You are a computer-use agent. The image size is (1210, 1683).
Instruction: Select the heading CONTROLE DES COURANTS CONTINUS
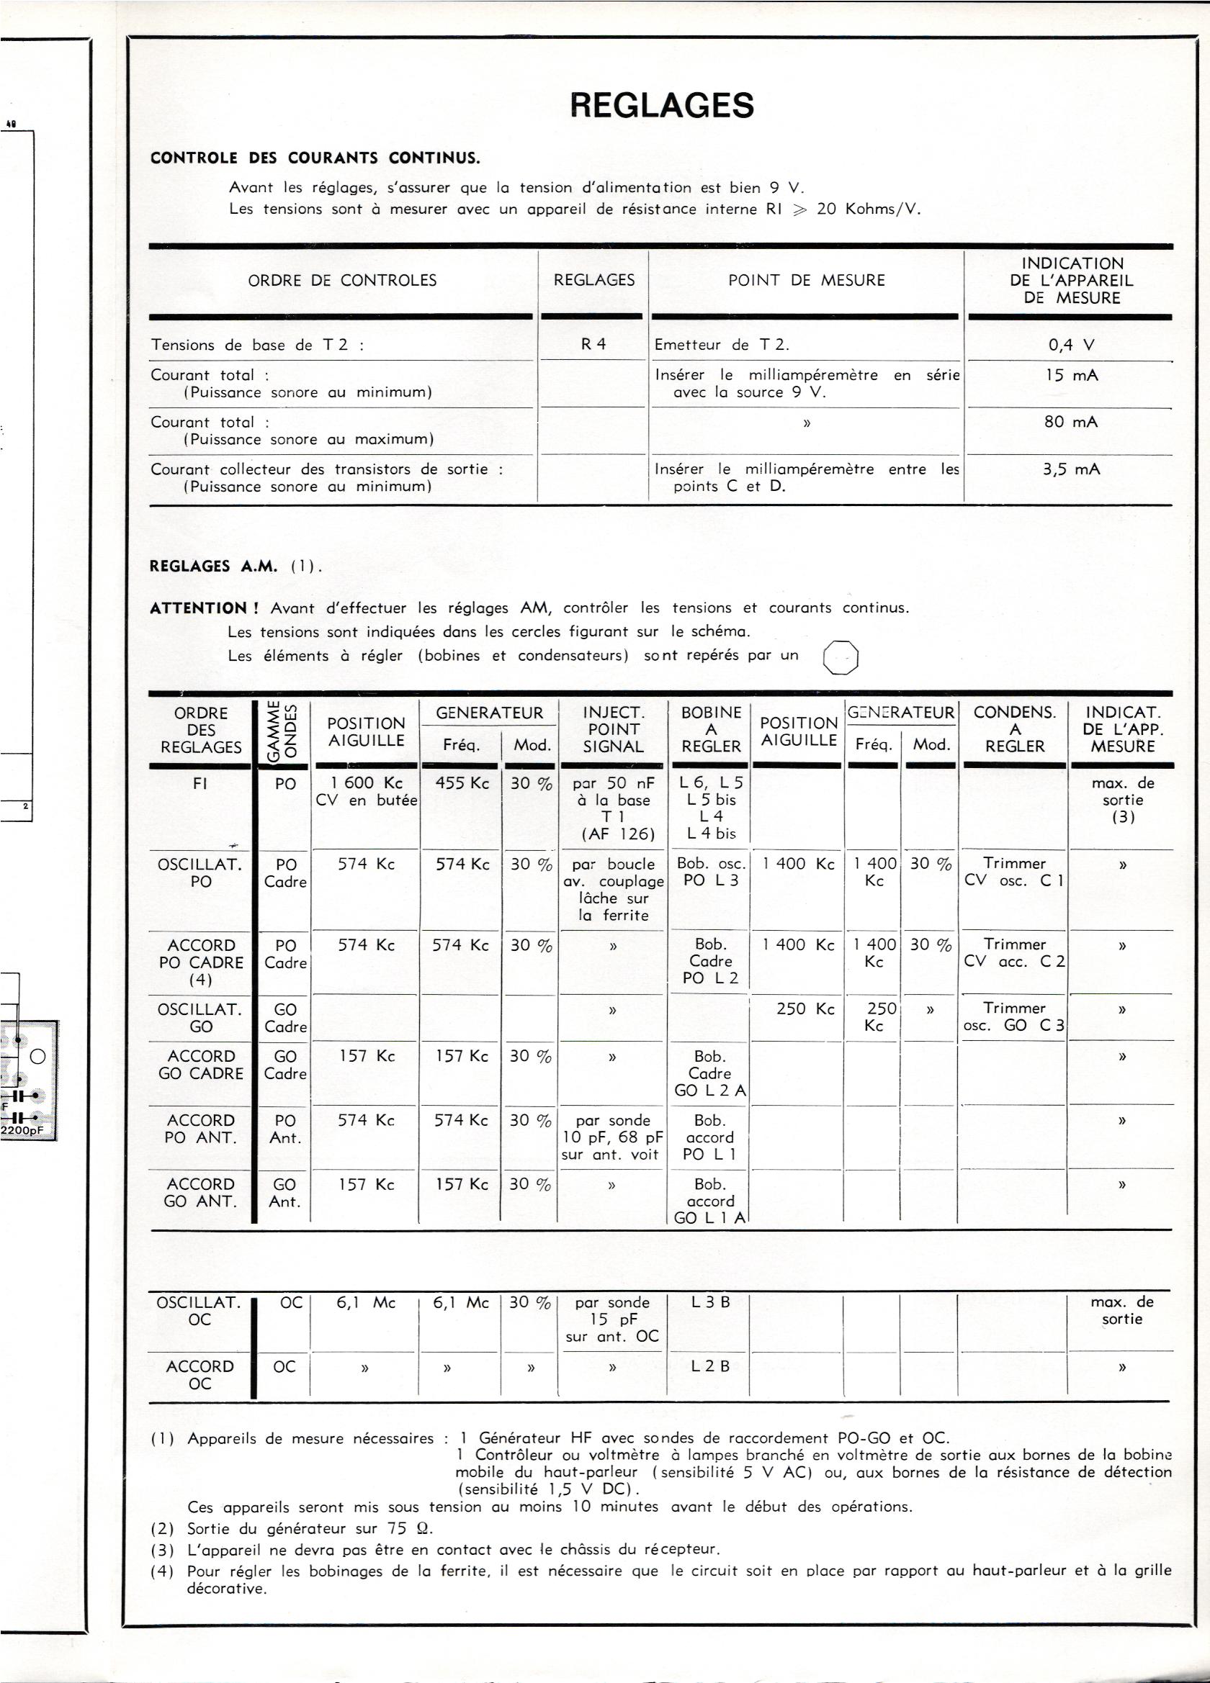pyautogui.click(x=315, y=158)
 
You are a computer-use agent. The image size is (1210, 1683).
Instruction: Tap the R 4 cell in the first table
pyautogui.click(x=593, y=345)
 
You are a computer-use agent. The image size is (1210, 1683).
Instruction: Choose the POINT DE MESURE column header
pyautogui.click(x=806, y=281)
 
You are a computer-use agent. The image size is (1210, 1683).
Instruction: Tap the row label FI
pyautogui.click(x=200, y=784)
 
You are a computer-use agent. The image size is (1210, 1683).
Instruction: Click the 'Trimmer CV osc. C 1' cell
pyautogui.click(x=1014, y=872)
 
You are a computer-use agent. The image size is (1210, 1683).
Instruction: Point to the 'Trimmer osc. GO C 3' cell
pyautogui.click(x=1014, y=1017)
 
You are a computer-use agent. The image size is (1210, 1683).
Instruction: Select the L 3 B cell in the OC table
pyautogui.click(x=709, y=1302)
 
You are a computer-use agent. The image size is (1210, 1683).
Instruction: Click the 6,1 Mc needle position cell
pyautogui.click(x=365, y=1302)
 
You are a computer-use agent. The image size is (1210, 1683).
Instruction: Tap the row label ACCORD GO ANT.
pyautogui.click(x=200, y=1193)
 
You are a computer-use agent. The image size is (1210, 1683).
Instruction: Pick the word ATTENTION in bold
pyautogui.click(x=204, y=608)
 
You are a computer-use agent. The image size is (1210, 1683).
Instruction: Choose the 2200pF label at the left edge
pyautogui.click(x=22, y=1130)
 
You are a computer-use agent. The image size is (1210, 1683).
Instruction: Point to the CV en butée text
pyautogui.click(x=366, y=800)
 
